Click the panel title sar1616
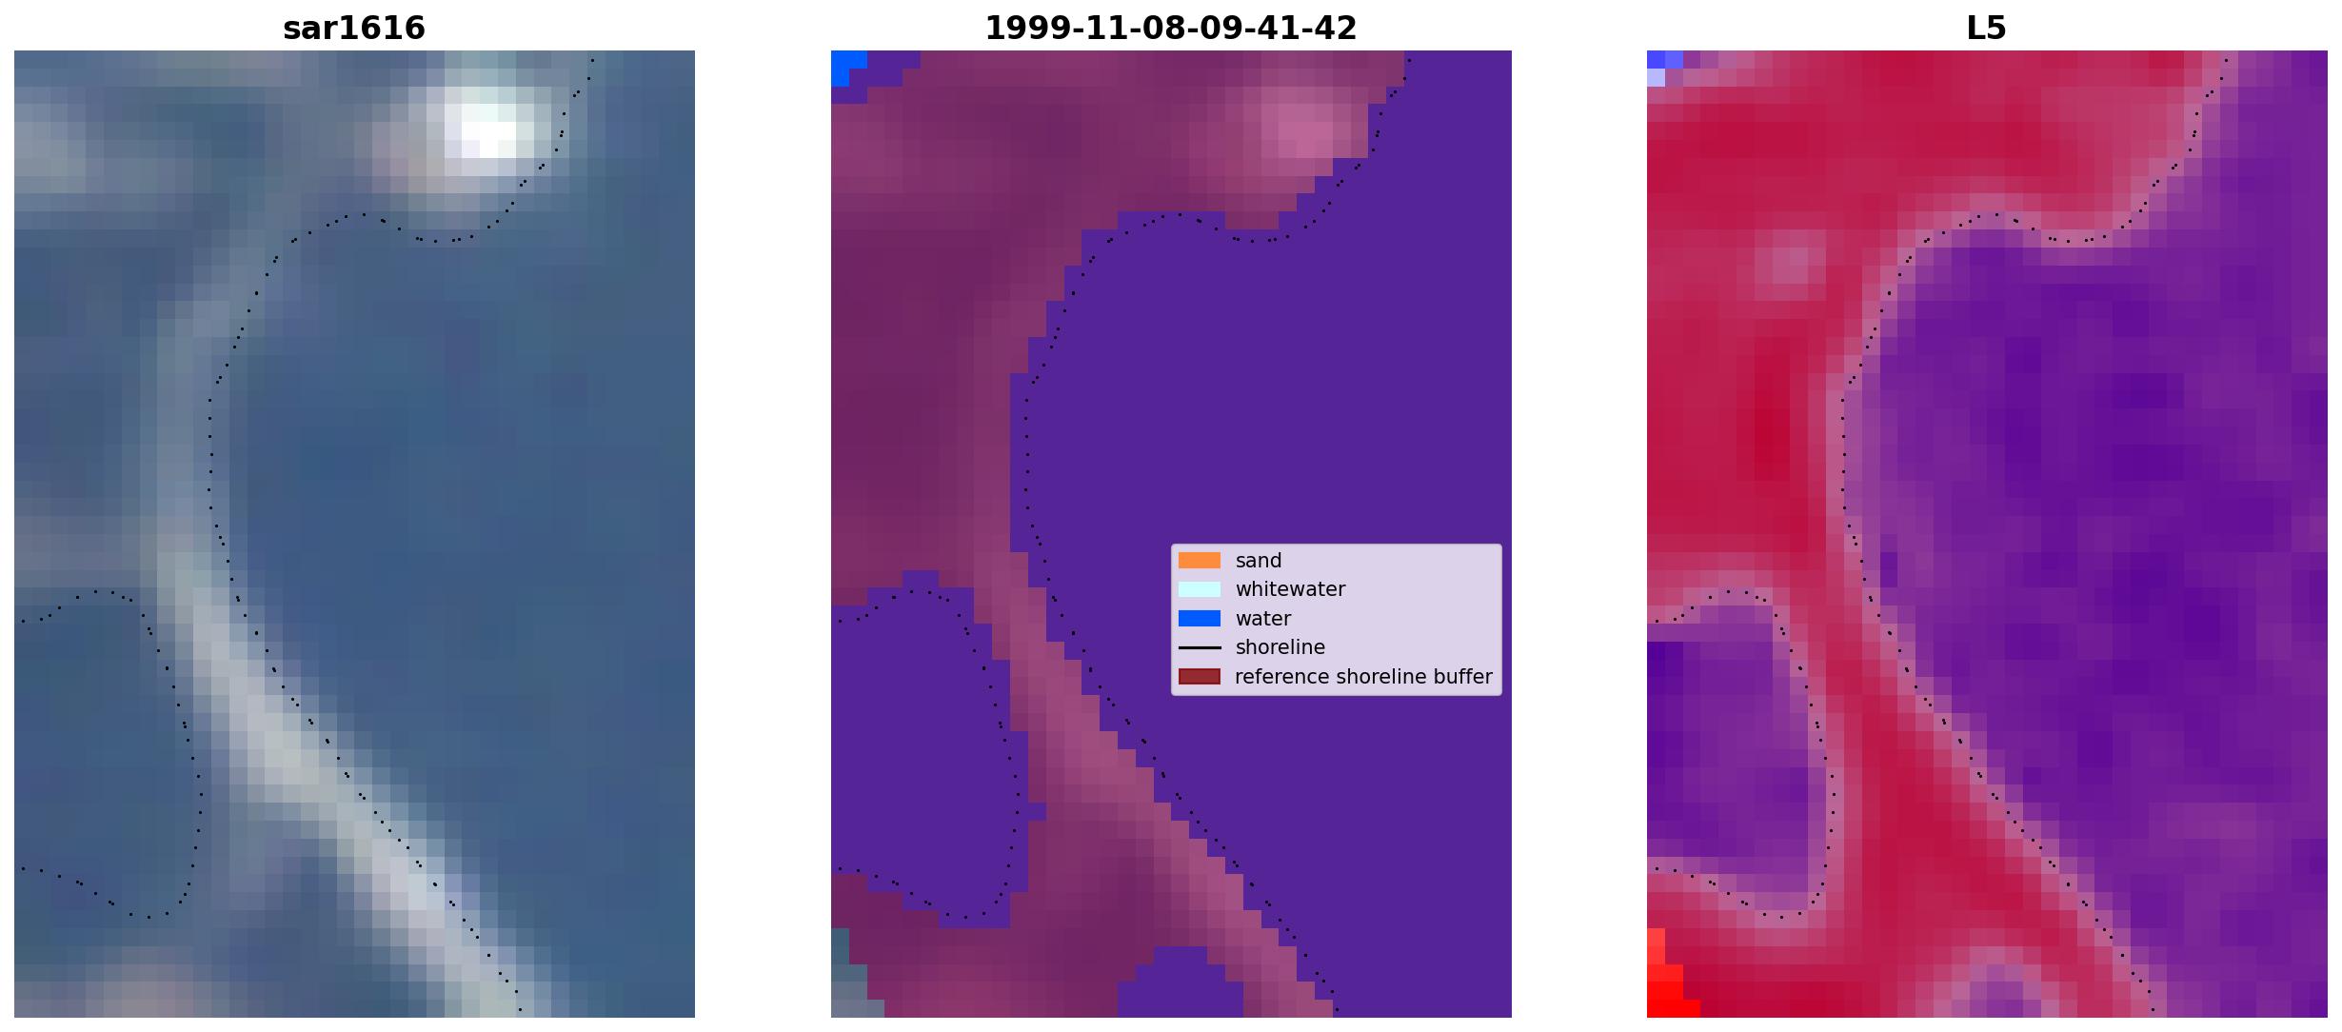[354, 28]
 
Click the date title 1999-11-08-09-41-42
[1170, 28]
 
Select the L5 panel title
[1986, 28]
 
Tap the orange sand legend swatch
[1200, 561]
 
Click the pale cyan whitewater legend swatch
[1200, 589]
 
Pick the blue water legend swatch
[1200, 619]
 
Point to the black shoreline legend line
[1200, 647]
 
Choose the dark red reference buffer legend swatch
[1200, 677]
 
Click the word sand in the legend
[1259, 561]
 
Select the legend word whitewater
[1290, 589]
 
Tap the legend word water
[1263, 619]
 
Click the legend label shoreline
[1280, 647]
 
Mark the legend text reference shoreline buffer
[1363, 677]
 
